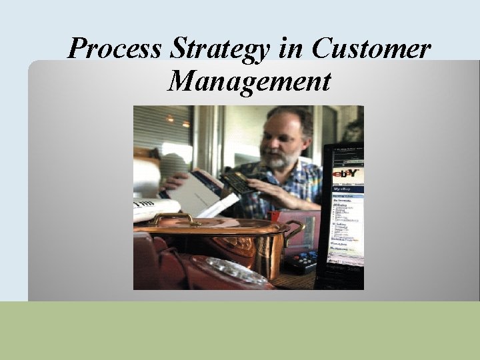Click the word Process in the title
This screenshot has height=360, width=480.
point(114,49)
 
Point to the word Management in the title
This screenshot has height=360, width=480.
point(249,81)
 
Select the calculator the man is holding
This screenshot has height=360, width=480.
point(238,182)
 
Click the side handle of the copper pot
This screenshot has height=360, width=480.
point(294,230)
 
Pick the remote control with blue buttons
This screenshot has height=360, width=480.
point(303,260)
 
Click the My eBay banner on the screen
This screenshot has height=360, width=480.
point(347,189)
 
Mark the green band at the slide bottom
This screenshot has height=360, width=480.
point(240,331)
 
